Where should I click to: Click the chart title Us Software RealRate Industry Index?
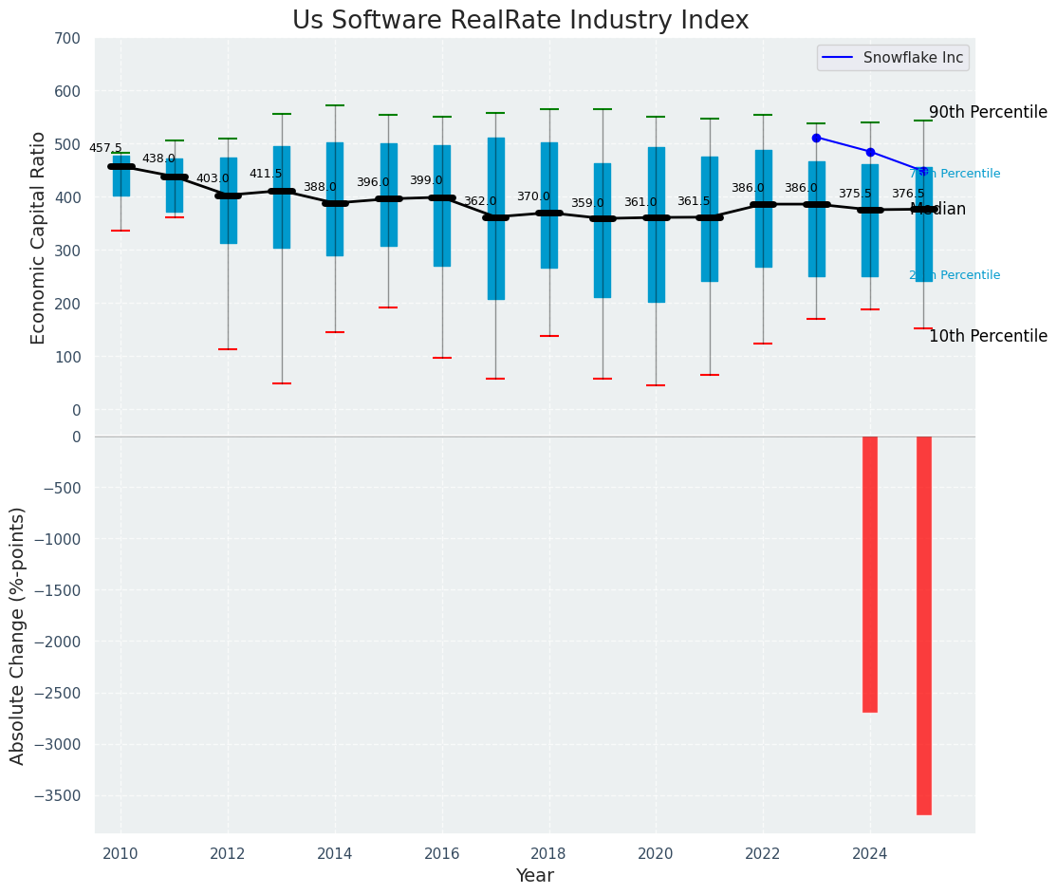520,21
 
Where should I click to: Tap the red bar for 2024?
870,574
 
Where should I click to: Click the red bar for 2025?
923,624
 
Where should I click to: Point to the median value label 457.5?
105,149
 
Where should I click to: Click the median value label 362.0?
480,201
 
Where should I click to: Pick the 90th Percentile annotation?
988,112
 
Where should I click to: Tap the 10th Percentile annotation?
988,336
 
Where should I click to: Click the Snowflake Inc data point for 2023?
816,138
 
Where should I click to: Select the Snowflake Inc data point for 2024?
870,152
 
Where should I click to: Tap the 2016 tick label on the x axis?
442,854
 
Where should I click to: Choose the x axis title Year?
534,876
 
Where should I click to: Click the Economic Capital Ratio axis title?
39,238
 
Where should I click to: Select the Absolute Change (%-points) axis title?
18,635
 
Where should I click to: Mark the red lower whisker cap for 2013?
282,383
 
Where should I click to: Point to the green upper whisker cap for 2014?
335,105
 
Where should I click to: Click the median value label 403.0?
213,178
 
